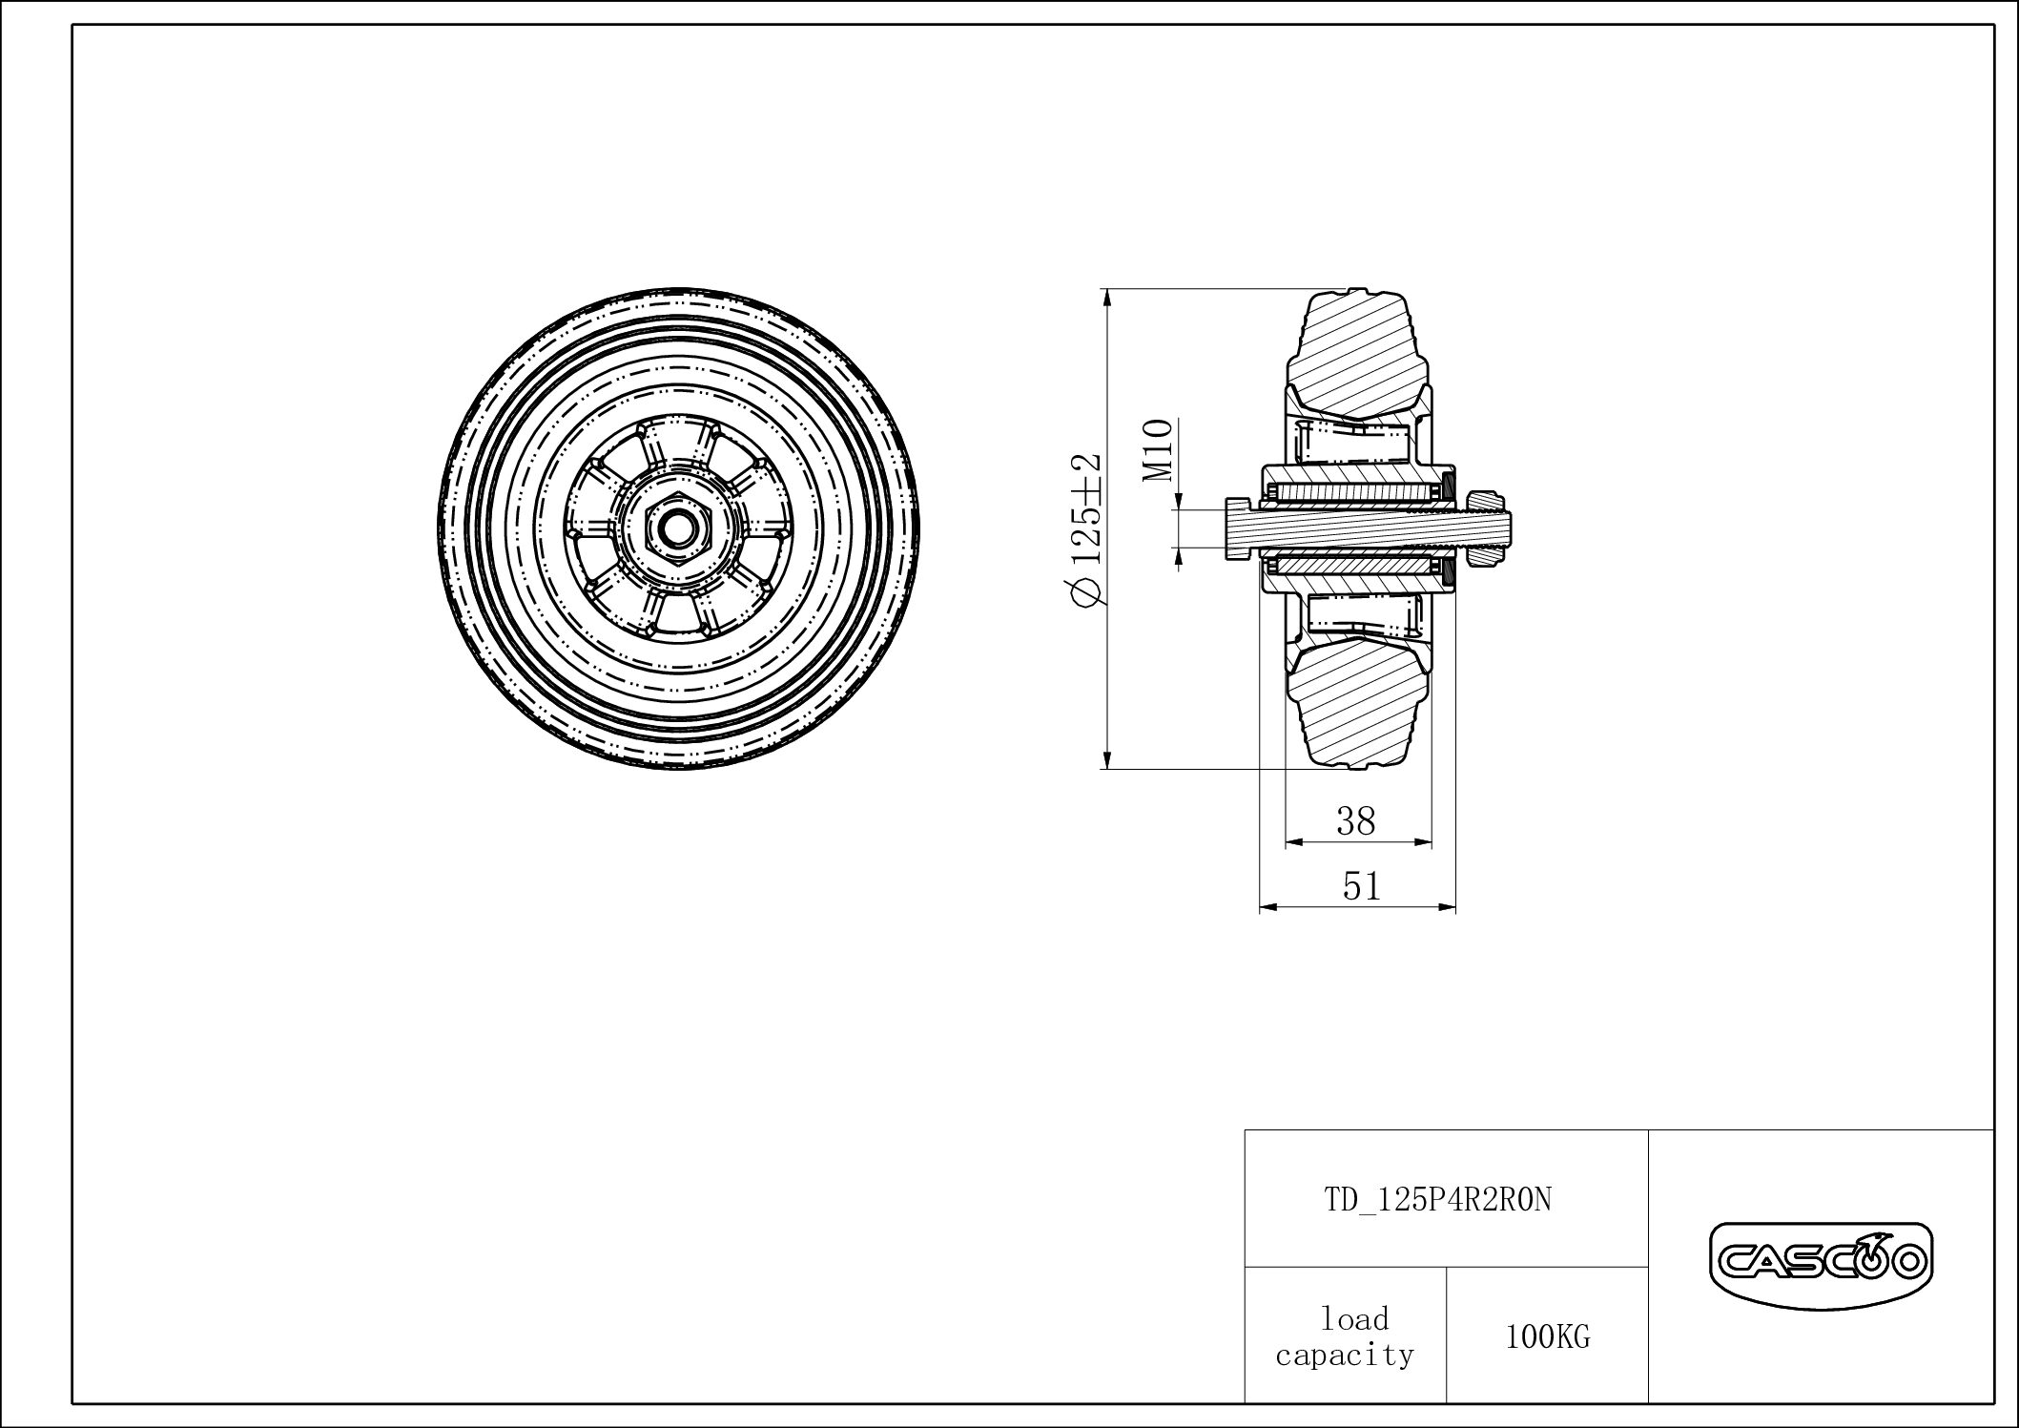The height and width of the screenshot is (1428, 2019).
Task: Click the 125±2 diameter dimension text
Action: [x=1086, y=528]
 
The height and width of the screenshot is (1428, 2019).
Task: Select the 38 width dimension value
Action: [x=1355, y=820]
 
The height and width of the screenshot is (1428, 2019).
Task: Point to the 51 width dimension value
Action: [x=1361, y=887]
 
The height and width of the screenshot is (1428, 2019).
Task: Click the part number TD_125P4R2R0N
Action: [x=1438, y=1199]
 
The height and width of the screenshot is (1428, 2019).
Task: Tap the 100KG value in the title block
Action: [x=1548, y=1337]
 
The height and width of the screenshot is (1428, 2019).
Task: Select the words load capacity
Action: [x=1346, y=1337]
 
